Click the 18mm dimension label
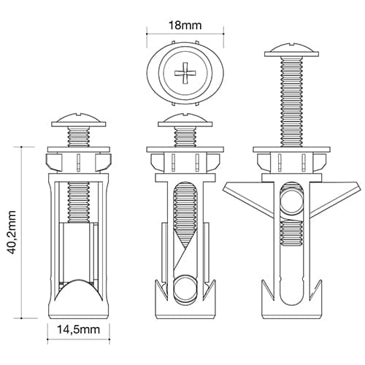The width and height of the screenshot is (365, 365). (x=185, y=26)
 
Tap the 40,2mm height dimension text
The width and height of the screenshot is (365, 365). (x=12, y=232)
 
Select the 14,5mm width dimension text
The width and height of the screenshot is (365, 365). (x=78, y=330)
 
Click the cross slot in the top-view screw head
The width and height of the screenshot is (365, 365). (x=185, y=72)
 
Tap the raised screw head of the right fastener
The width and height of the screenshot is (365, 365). (x=291, y=50)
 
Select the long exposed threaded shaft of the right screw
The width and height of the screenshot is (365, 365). (x=291, y=101)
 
